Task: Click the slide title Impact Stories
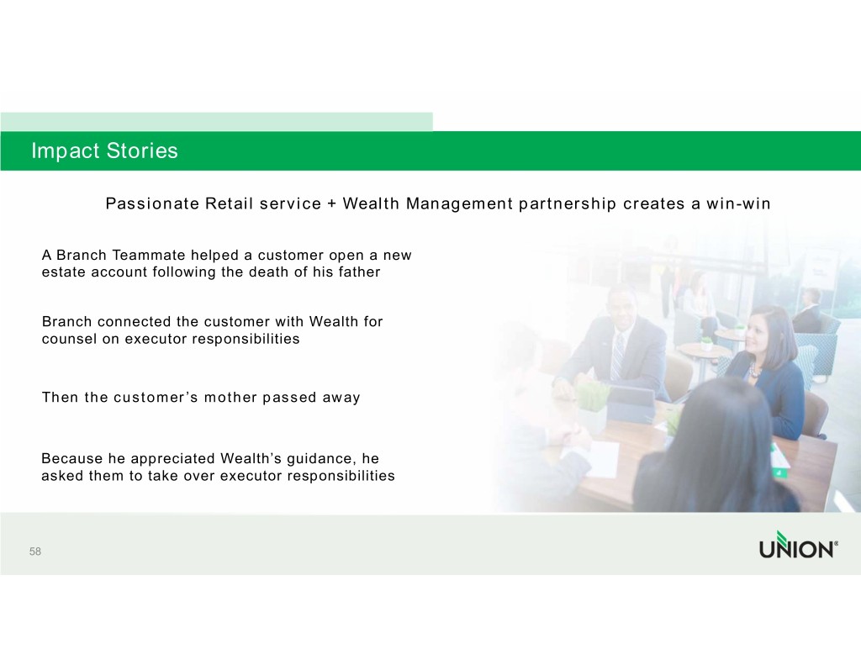104,150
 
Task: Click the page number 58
35,552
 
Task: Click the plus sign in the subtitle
331,203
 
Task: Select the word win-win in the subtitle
738,203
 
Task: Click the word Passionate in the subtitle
153,203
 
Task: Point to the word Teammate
149,256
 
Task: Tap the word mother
230,398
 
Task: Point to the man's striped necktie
618,356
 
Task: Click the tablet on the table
631,405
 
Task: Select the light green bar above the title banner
216,122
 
